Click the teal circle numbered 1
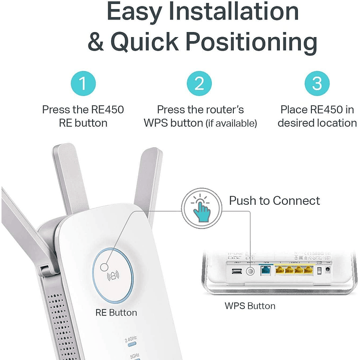83,84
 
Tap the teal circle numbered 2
199,84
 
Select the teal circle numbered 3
317,84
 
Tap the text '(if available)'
231,123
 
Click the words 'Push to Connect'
274,201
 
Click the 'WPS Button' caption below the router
250,305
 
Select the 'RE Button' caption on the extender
116,312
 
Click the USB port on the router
236,272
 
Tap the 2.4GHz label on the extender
131,339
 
